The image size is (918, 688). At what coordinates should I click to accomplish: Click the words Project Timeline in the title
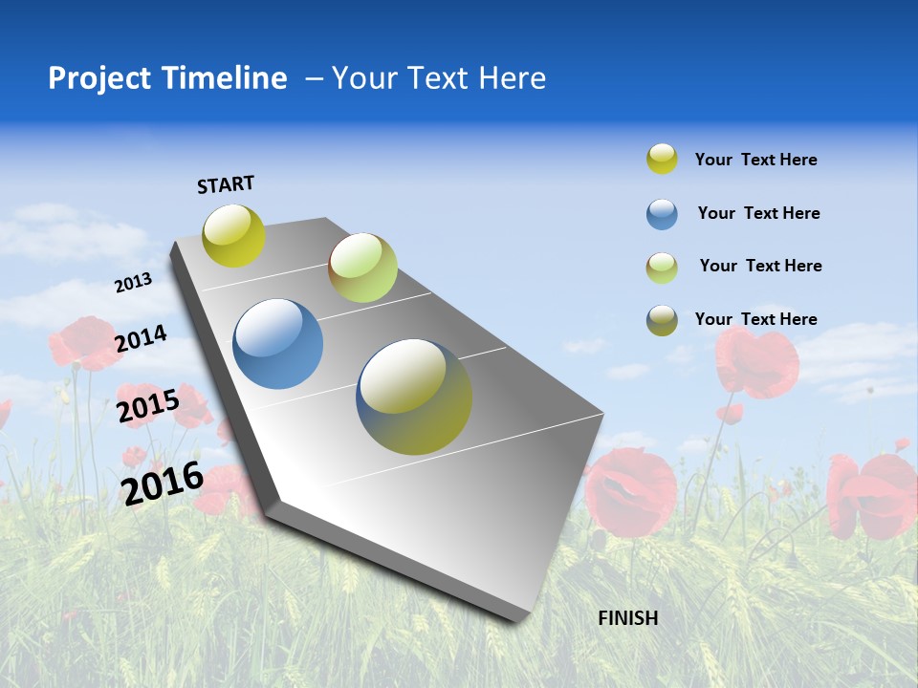(167, 78)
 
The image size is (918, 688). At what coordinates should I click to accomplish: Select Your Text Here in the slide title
(438, 78)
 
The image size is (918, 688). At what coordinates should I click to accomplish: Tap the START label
(226, 184)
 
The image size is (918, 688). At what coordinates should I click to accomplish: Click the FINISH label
(628, 618)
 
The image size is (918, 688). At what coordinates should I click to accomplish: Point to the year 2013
(133, 283)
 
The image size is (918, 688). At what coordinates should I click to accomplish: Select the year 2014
(141, 338)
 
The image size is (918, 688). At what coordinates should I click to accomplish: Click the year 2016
(163, 482)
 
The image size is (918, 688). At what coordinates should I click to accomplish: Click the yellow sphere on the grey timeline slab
(233, 235)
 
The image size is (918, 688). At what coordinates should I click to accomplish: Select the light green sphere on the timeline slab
(362, 268)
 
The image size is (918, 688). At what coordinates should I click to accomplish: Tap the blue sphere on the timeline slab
(277, 343)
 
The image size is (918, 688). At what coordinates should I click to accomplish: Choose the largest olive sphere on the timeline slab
(414, 397)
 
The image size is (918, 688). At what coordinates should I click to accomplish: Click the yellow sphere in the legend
(662, 159)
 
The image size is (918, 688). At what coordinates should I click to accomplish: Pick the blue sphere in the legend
(662, 214)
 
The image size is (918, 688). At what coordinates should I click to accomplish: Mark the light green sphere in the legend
(662, 268)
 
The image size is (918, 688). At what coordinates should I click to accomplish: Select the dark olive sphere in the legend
(662, 320)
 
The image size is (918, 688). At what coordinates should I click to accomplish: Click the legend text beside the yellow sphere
(755, 160)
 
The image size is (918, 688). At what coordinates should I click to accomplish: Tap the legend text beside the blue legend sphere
(758, 213)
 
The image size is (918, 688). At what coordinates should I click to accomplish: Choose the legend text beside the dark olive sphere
(755, 319)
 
